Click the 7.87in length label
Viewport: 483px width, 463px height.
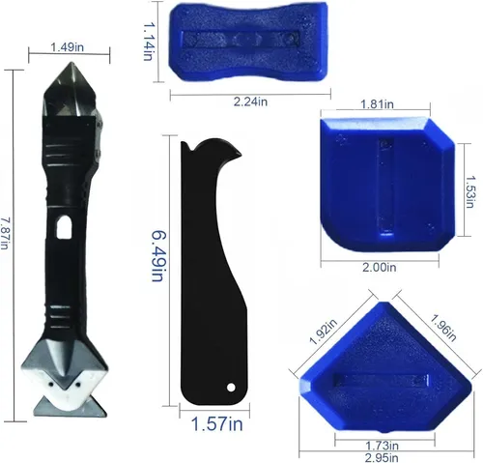(x=4, y=233)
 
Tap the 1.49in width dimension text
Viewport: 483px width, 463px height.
(x=68, y=47)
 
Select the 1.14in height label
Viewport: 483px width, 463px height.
(x=148, y=42)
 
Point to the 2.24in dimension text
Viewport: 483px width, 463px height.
(x=250, y=102)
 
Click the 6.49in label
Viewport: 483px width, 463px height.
(x=157, y=256)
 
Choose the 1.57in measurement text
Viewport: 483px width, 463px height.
(x=216, y=423)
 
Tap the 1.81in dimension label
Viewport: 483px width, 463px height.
(x=377, y=104)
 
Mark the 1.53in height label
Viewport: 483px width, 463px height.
(x=469, y=191)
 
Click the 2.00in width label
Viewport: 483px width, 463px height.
(x=380, y=267)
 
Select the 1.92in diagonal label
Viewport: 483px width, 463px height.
(x=323, y=332)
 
